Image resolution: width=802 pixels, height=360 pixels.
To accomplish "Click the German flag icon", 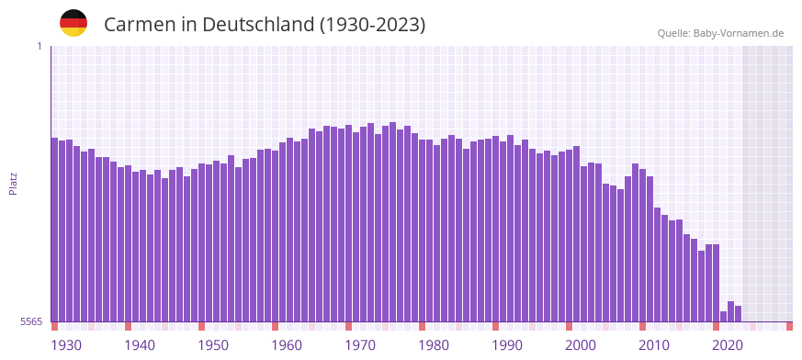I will tap(73, 23).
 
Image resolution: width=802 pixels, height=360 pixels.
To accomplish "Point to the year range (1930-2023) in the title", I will tap(372, 25).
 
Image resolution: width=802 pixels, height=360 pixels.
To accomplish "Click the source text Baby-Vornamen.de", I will tap(739, 33).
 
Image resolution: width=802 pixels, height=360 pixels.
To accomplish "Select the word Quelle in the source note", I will tap(673, 33).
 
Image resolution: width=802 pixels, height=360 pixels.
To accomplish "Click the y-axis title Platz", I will tap(13, 184).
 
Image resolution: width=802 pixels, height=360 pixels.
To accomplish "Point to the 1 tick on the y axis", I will tap(40, 46).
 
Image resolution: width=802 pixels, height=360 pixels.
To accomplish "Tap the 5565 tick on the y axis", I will tap(30, 321).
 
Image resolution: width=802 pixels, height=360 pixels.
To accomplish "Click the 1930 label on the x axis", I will tap(66, 345).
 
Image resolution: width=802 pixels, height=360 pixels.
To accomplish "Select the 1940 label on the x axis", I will tap(140, 345).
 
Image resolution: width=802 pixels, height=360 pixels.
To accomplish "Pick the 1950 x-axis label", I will tap(213, 345).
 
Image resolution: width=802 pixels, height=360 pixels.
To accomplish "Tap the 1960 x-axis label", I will tap(287, 345).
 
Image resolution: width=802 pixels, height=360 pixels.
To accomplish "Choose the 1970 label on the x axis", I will tap(360, 345).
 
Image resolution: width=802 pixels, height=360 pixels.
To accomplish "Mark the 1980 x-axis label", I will tap(434, 345).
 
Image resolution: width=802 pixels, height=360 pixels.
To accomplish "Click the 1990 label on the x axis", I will tap(507, 345).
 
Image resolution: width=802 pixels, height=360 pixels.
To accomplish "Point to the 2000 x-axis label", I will tap(581, 345).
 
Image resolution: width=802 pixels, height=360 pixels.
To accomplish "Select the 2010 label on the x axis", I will tap(654, 345).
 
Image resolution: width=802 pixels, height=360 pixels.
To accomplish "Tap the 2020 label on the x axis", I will tap(728, 345).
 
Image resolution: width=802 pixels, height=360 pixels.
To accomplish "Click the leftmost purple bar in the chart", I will tap(54, 230).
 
